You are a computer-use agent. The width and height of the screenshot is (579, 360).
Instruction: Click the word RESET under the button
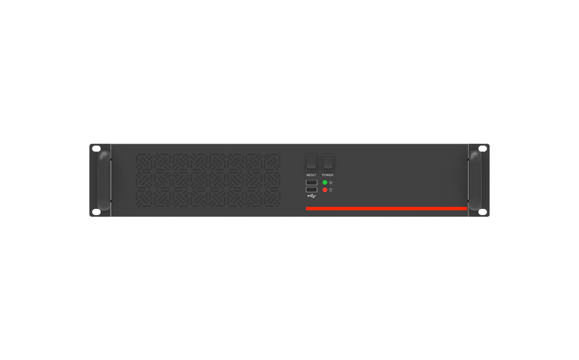pyautogui.click(x=312, y=175)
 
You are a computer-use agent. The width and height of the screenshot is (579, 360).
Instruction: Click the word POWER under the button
pyautogui.click(x=328, y=175)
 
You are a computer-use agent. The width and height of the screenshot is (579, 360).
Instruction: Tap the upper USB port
pyautogui.click(x=312, y=182)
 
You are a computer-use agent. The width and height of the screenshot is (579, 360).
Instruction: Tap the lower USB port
pyautogui.click(x=312, y=189)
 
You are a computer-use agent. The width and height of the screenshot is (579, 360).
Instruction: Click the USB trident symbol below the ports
pyautogui.click(x=312, y=196)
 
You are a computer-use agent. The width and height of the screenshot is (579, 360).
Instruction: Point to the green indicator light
pyautogui.click(x=325, y=182)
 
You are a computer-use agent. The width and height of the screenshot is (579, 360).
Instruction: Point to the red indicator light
pyautogui.click(x=325, y=190)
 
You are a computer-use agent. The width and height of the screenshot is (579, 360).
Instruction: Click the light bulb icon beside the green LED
pyautogui.click(x=331, y=183)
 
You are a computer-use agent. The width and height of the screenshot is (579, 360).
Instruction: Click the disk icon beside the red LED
pyautogui.click(x=331, y=190)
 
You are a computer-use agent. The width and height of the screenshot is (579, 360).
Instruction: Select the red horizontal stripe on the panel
pyautogui.click(x=386, y=209)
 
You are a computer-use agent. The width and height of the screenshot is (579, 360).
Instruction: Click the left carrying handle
pyautogui.click(x=104, y=180)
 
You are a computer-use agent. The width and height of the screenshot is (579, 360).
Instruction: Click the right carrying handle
pyautogui.click(x=475, y=180)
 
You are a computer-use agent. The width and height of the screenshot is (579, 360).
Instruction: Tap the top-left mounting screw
pyautogui.click(x=96, y=149)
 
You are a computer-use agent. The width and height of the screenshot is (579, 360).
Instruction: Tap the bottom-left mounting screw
pyautogui.click(x=96, y=212)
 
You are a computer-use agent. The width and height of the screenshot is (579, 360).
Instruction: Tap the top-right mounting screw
pyautogui.click(x=483, y=149)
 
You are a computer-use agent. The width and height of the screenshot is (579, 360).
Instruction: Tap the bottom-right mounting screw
pyautogui.click(x=483, y=212)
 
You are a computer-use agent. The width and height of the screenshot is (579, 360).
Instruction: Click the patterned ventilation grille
pyautogui.click(x=208, y=180)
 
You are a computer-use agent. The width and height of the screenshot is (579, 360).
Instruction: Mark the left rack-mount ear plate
pyautogui.click(x=94, y=180)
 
